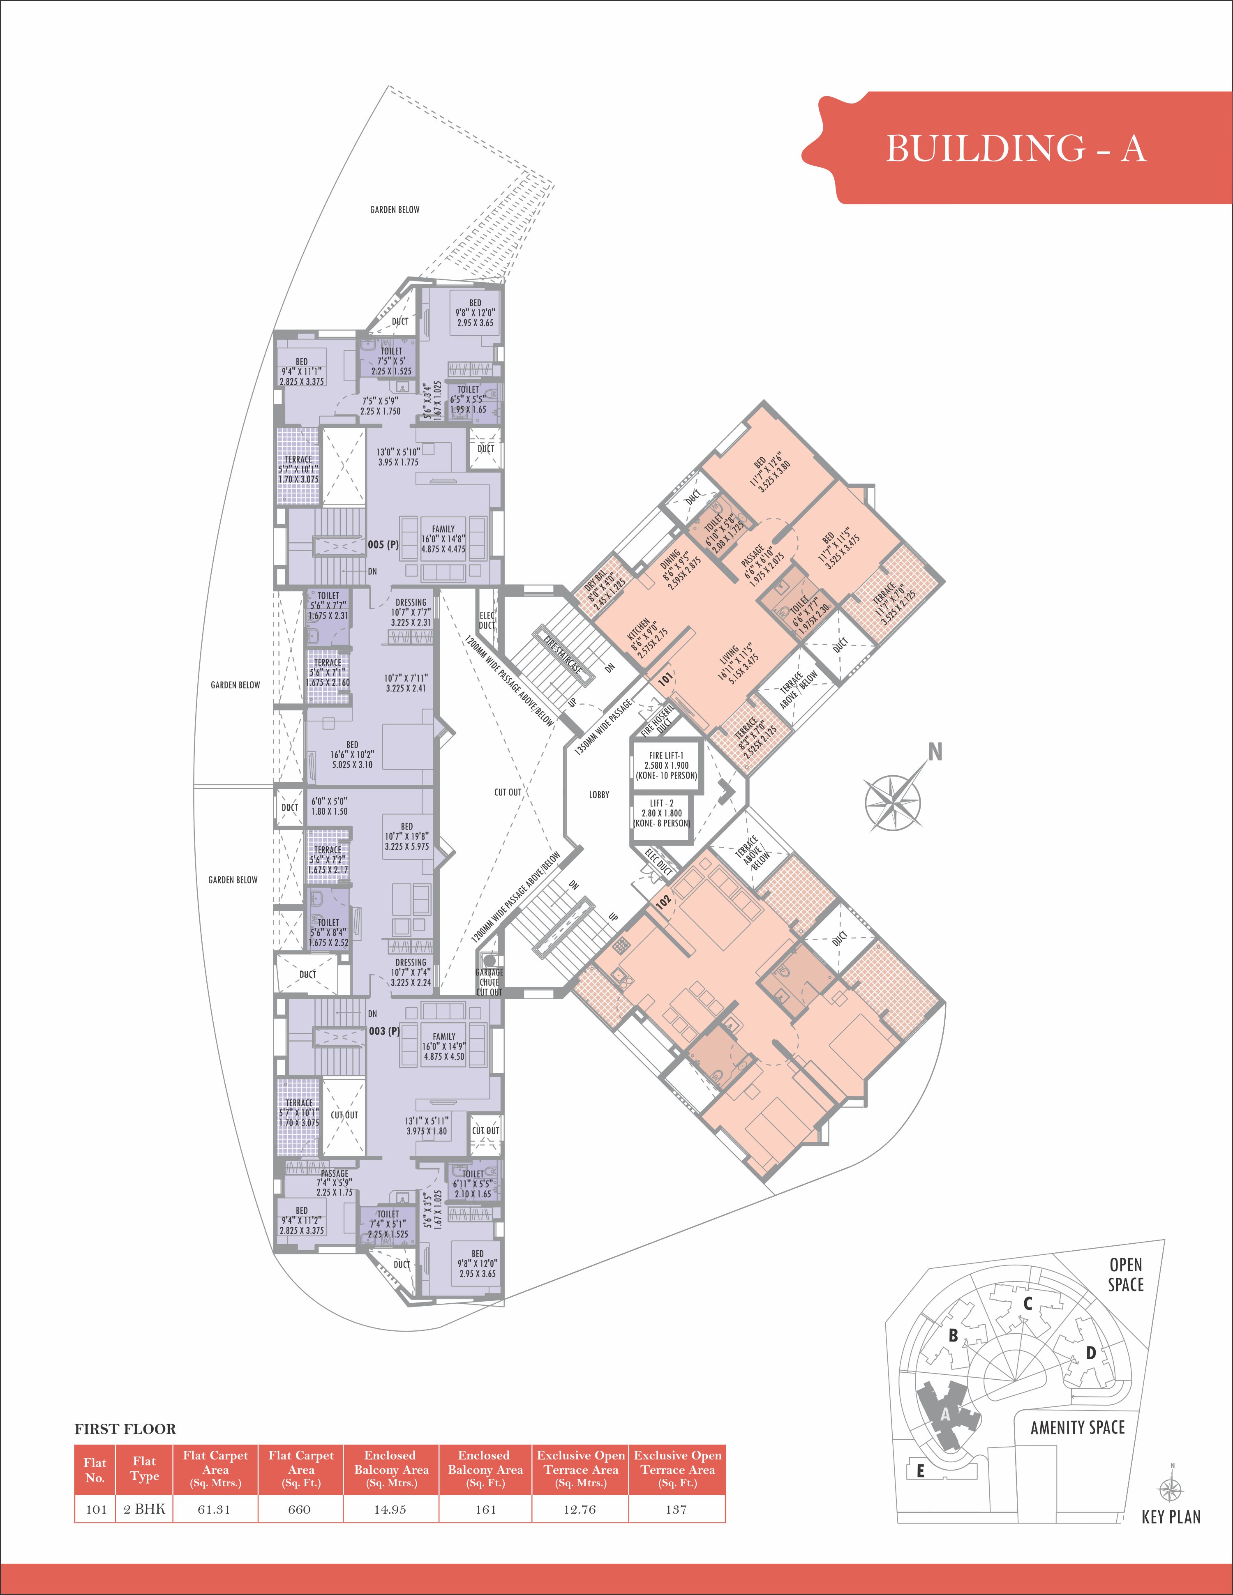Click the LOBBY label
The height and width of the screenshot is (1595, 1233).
pos(599,795)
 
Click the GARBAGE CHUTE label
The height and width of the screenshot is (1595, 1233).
pos(489,977)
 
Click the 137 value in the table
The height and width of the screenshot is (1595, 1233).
pos(676,1510)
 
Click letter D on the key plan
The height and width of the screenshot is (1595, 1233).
pos(1090,1353)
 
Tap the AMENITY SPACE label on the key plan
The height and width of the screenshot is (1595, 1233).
pos(1077,1427)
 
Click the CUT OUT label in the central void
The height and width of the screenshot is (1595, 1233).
pos(508,792)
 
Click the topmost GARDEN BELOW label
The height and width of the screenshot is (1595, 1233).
pos(395,210)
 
